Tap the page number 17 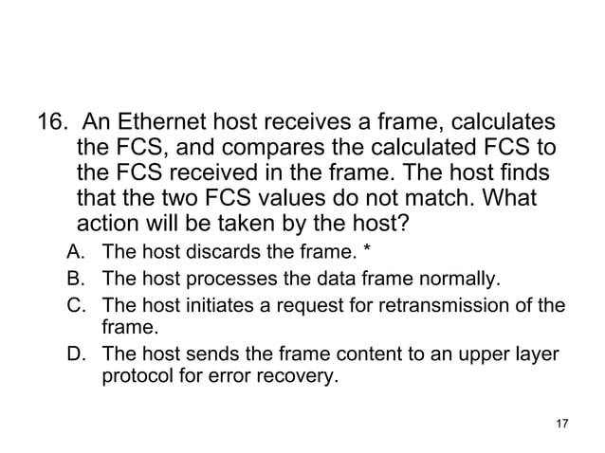tap(559, 423)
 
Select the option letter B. tap(75, 280)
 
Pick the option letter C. tap(75, 305)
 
